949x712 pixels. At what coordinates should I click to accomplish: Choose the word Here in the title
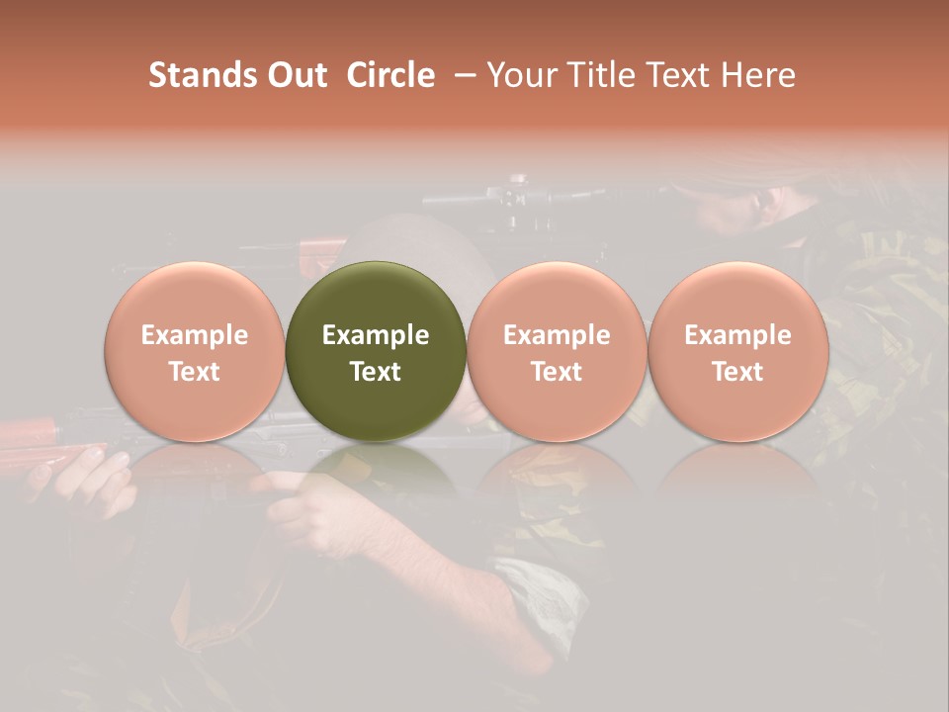pos(760,75)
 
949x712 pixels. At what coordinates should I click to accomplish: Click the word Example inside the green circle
pos(375,335)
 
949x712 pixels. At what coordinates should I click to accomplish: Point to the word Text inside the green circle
pos(375,371)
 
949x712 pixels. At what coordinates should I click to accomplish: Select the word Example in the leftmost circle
pos(194,335)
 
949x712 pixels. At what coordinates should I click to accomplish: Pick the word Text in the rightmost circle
pos(737,371)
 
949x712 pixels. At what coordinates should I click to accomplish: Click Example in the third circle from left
pos(557,335)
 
